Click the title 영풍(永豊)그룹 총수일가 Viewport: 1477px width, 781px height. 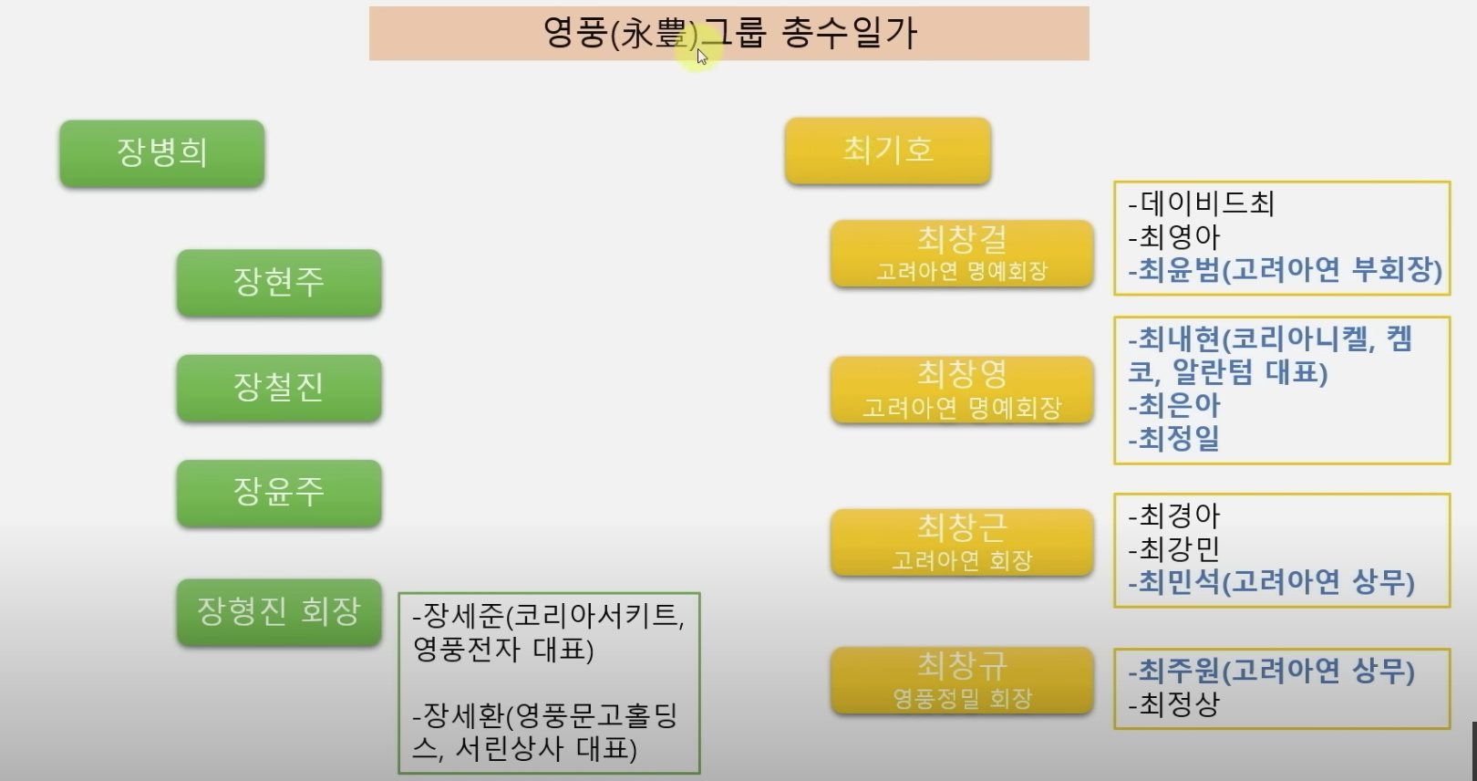click(x=728, y=34)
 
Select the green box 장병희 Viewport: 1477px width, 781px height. click(x=162, y=153)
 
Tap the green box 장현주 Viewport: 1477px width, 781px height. click(x=279, y=283)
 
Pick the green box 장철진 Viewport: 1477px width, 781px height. click(x=279, y=388)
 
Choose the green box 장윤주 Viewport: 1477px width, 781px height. click(x=279, y=493)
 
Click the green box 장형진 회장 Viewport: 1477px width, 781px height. click(x=279, y=611)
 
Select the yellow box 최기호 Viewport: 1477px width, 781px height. click(x=888, y=151)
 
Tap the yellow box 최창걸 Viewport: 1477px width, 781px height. click(x=962, y=254)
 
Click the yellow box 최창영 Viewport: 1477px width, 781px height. click(x=962, y=390)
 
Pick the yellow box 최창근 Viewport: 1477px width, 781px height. click(x=962, y=542)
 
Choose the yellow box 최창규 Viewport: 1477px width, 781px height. click(x=962, y=680)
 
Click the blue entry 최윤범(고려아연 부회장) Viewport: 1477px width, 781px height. click(x=1286, y=270)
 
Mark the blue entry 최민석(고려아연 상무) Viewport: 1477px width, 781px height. click(x=1272, y=582)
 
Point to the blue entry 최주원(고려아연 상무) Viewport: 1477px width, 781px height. click(x=1272, y=672)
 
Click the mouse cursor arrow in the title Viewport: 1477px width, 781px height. click(x=701, y=57)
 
